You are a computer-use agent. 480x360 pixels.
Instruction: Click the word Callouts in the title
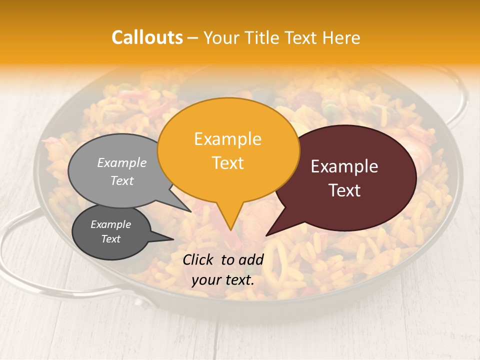click(147, 37)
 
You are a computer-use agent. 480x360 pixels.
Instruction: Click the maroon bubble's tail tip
click(267, 235)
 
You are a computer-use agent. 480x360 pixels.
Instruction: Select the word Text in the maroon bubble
click(344, 190)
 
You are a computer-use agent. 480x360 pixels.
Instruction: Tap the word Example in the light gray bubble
click(122, 162)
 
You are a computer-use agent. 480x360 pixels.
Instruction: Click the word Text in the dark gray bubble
click(111, 239)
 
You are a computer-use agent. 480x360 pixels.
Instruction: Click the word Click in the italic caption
click(198, 259)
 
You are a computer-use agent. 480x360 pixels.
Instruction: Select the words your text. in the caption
click(223, 280)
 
